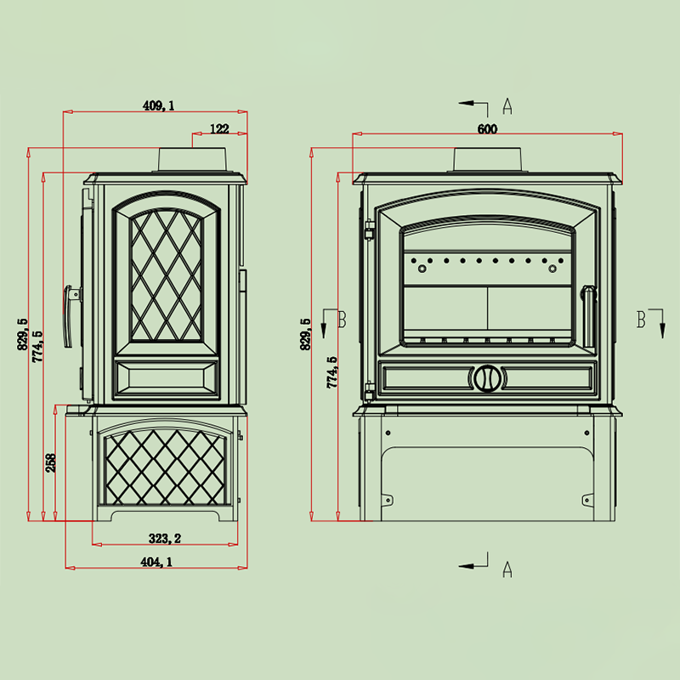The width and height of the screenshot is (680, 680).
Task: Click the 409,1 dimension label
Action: tap(158, 105)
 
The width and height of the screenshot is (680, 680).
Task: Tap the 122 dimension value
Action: tap(219, 129)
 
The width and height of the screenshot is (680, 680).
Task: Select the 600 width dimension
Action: tap(487, 129)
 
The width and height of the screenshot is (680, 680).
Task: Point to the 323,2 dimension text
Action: tap(165, 539)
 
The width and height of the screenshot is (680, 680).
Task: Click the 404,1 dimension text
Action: tap(156, 562)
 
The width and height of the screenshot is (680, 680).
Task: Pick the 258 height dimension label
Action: tap(51, 462)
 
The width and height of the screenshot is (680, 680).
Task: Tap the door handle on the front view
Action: tap(588, 315)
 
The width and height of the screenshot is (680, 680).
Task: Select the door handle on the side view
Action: tap(70, 316)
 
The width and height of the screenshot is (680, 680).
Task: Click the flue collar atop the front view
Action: tap(488, 160)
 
